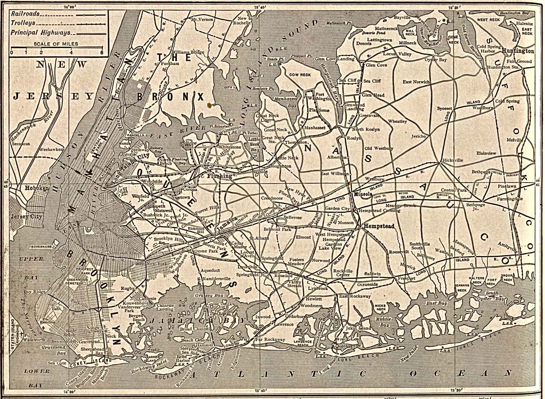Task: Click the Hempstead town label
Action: coord(379,226)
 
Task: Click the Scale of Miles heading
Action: coord(56,44)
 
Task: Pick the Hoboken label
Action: coord(37,188)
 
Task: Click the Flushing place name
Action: coord(219,176)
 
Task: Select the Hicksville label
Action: coord(452,160)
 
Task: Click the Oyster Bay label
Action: coord(435,60)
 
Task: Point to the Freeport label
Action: coord(407,279)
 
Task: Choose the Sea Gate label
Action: coord(55,363)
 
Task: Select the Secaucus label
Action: coord(21,144)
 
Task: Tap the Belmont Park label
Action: coord(277,229)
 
